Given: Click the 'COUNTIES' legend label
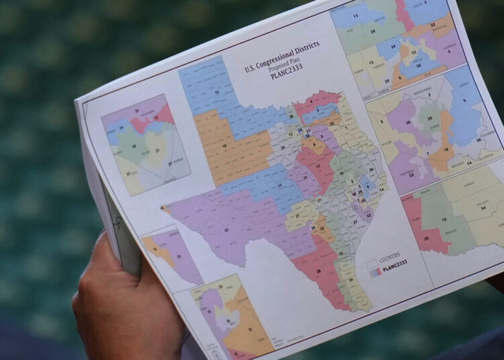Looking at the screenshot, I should click(389, 255).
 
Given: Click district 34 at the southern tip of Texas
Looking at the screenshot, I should click(351, 281).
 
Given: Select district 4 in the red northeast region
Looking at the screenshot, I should click(310, 102).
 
